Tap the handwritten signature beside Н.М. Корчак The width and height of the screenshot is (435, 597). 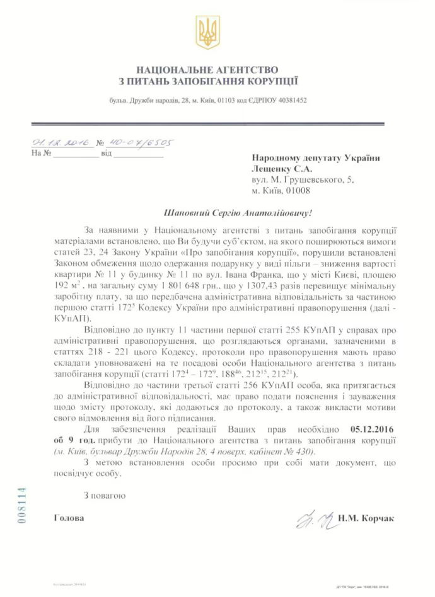(310, 520)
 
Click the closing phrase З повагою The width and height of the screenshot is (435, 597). (104, 495)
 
